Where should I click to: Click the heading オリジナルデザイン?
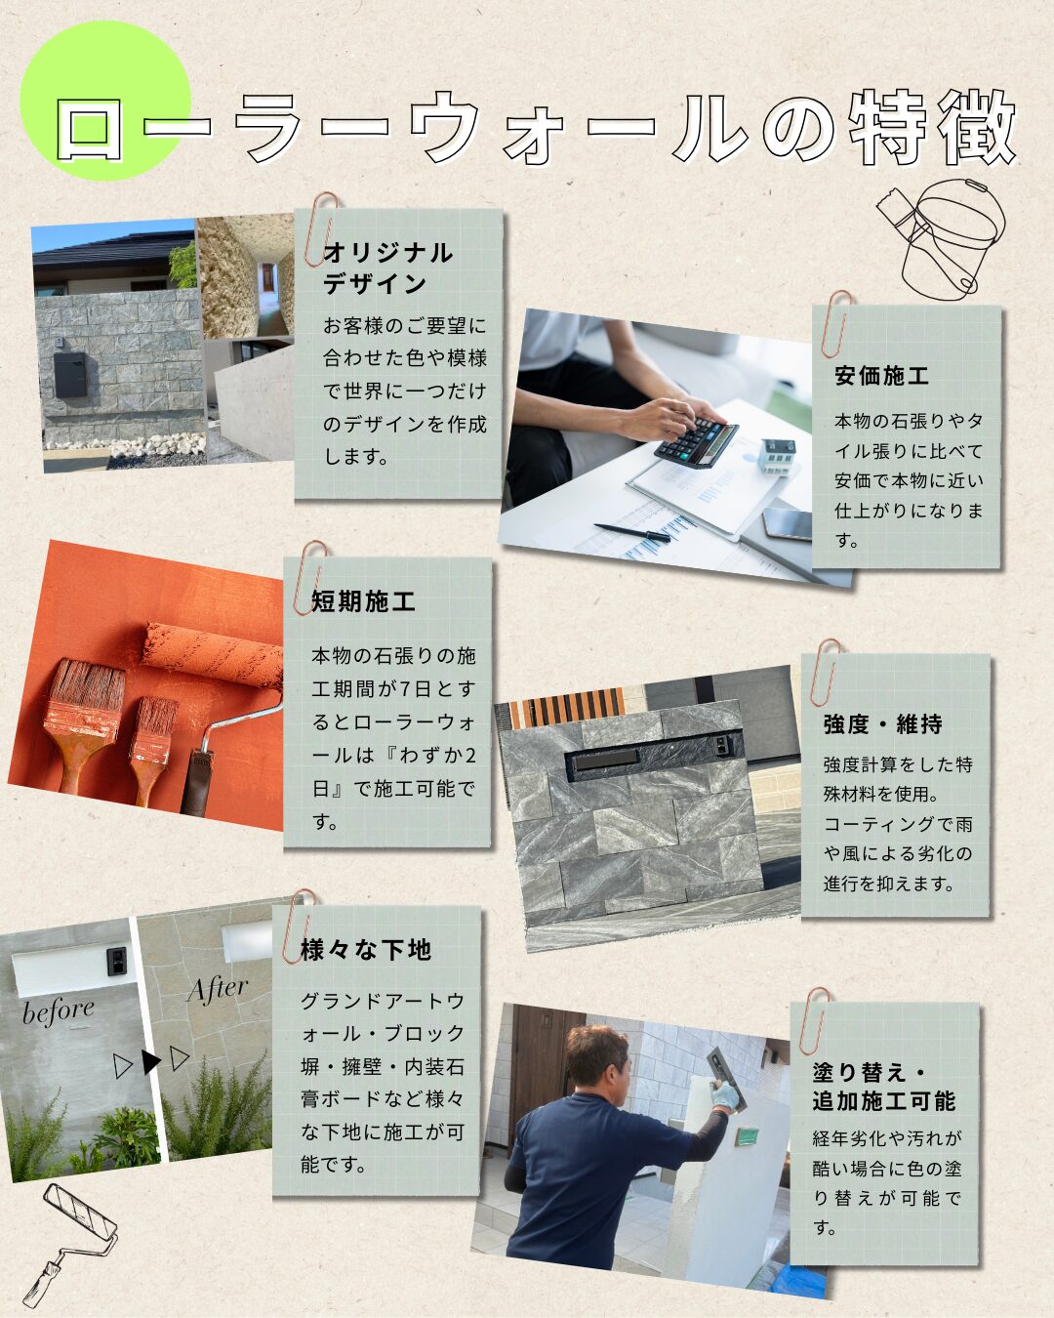point(387,268)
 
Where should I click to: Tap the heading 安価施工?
point(882,376)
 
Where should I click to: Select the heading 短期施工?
point(363,601)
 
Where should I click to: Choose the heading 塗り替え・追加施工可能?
point(883,1087)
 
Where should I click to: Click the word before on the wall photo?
point(59,1011)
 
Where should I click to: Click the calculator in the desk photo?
point(696,440)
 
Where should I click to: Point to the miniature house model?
point(778,456)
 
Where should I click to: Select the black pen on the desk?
point(632,532)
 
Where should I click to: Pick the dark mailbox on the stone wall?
point(70,374)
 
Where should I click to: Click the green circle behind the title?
point(105,101)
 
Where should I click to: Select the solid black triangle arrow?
point(149,1062)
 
